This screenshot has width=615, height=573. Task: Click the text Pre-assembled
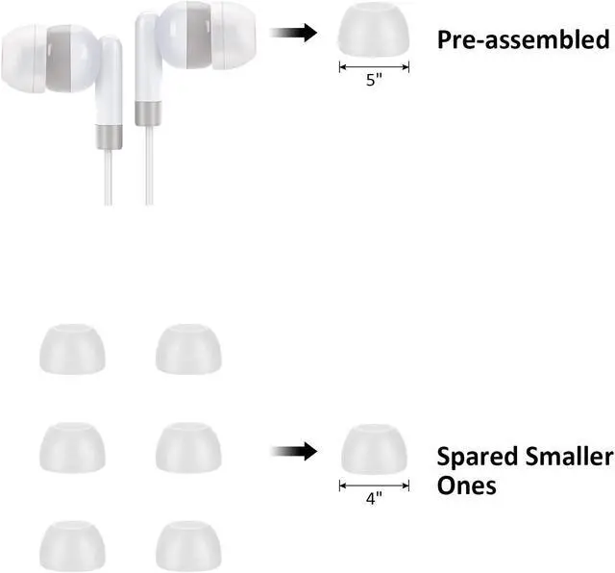point(524,40)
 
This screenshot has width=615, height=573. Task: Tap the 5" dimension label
point(374,81)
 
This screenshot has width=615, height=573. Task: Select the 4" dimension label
point(374,500)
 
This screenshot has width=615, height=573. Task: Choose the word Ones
point(467,486)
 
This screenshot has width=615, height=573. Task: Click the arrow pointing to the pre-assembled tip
point(294,33)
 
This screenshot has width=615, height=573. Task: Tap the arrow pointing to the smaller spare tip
point(294,451)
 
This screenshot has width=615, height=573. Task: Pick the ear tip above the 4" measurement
point(374,452)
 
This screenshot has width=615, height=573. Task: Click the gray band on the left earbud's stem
point(109,136)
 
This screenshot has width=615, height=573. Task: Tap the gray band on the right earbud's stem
point(149,112)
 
